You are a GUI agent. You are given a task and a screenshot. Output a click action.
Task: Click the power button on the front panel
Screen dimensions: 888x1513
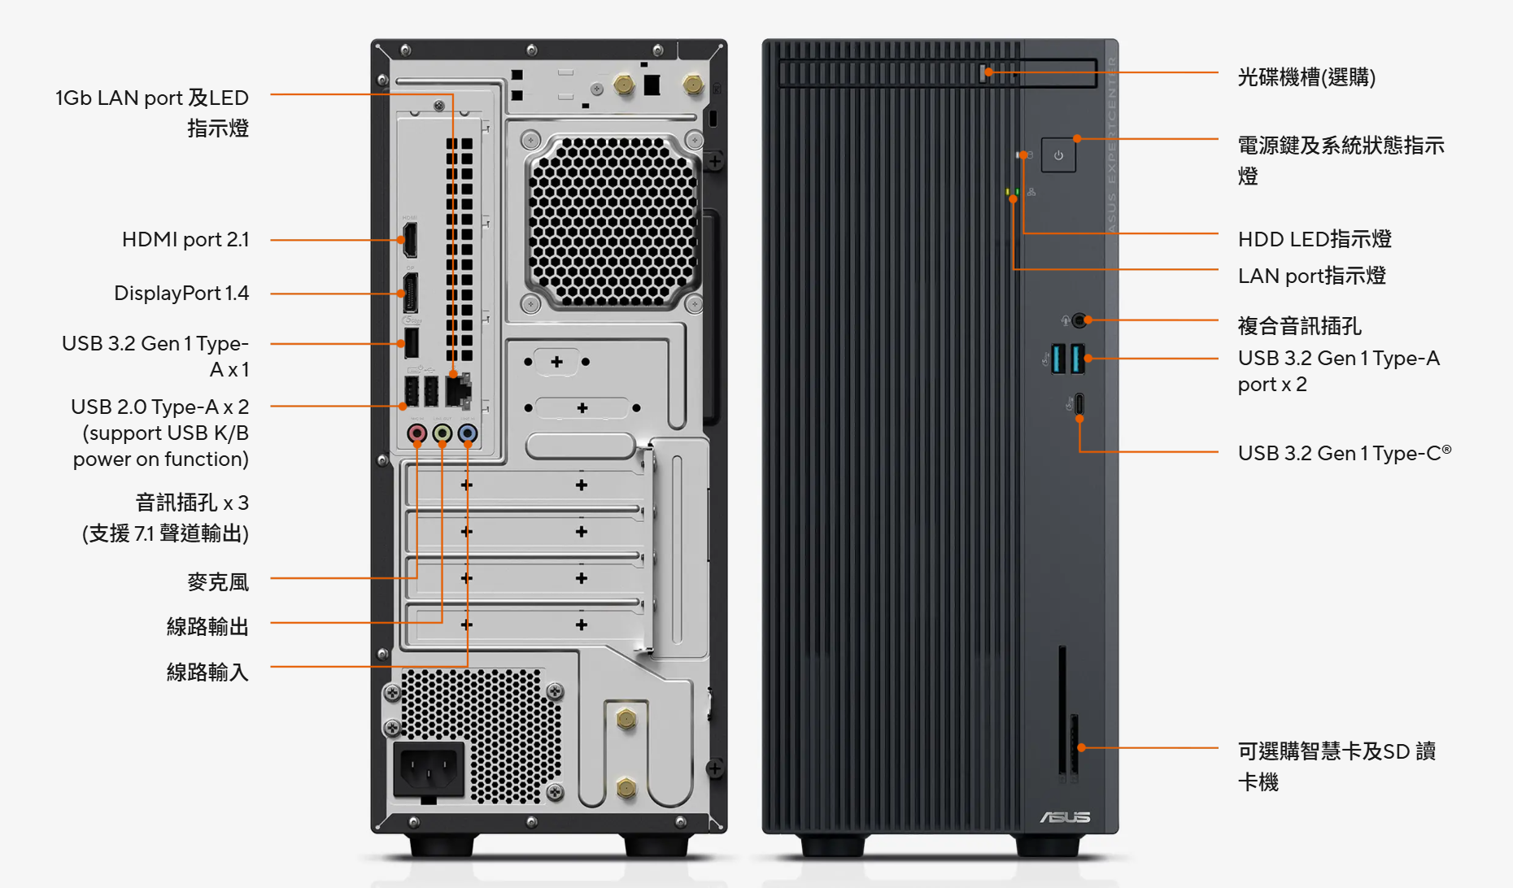coord(1058,155)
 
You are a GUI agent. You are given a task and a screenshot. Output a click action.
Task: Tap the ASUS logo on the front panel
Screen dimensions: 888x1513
coord(1065,816)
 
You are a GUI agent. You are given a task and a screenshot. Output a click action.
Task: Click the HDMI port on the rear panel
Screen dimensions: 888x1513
coord(411,240)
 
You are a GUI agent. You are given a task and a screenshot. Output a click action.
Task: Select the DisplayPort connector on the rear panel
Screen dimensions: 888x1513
coord(411,294)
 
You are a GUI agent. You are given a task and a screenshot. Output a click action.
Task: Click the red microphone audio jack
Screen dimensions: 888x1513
coord(416,433)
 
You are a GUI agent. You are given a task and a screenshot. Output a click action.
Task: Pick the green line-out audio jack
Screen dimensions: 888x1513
coord(442,433)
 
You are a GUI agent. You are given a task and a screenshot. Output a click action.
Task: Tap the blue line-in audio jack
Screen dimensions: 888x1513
coord(467,433)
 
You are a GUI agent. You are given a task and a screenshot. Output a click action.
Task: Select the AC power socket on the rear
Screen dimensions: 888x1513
coord(429,768)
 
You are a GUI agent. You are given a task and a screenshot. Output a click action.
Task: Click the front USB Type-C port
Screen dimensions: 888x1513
coord(1079,404)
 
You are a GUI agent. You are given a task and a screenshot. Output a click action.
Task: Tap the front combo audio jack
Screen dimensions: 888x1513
coord(1079,320)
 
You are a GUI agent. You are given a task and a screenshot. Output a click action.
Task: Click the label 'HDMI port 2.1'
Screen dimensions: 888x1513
coord(185,240)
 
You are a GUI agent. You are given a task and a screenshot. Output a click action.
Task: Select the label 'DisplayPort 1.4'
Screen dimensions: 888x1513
coord(181,294)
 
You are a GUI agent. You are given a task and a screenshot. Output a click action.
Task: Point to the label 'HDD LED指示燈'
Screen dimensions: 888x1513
coord(1315,239)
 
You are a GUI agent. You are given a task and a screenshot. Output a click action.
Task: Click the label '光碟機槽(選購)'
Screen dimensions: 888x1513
coord(1306,77)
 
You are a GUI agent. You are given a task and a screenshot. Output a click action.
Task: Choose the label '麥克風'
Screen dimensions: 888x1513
coord(217,582)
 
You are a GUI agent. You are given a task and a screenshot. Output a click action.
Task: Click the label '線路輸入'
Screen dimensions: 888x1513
coord(207,673)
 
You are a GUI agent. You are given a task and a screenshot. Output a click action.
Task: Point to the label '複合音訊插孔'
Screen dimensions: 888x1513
coord(1299,326)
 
